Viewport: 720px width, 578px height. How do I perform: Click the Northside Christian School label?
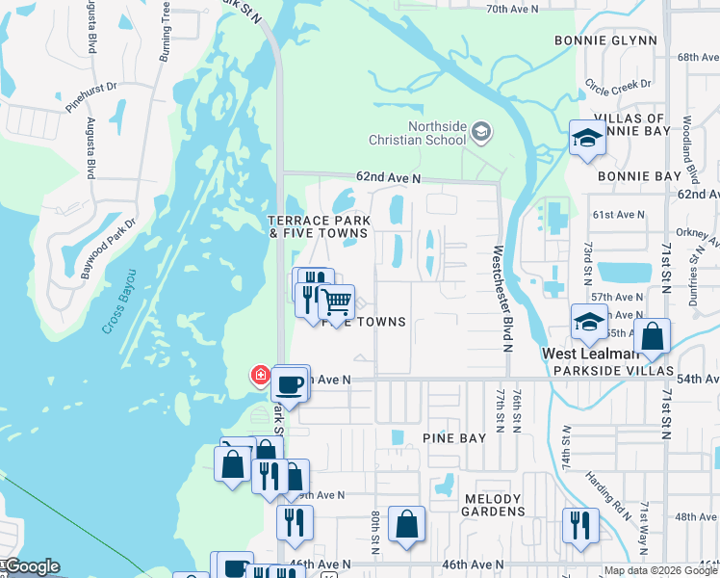click(437, 133)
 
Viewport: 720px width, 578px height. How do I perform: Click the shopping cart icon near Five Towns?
click(336, 302)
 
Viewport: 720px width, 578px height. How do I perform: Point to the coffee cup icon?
click(291, 384)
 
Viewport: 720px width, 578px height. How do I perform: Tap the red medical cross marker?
click(260, 374)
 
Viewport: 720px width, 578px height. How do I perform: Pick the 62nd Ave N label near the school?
click(388, 178)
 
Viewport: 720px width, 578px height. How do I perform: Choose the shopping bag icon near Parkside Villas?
click(652, 337)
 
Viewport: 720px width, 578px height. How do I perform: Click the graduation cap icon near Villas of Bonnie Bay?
click(585, 139)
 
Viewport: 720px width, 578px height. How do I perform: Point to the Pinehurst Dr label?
click(91, 97)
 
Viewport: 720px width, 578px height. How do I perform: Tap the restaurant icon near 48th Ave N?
click(580, 524)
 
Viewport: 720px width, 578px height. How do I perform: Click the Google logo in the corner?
click(31, 566)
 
